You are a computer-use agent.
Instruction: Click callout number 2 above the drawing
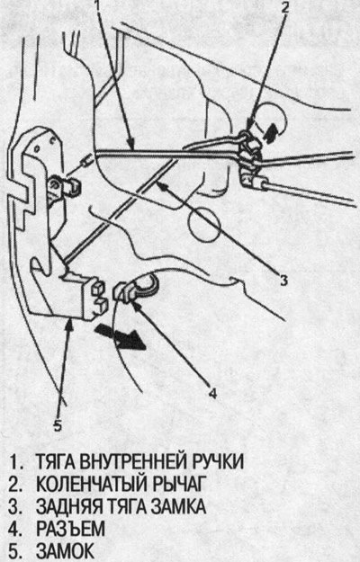click(x=284, y=7)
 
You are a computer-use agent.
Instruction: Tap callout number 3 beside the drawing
click(x=283, y=280)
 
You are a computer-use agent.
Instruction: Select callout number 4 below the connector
click(x=212, y=393)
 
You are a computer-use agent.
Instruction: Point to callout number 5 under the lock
click(x=58, y=424)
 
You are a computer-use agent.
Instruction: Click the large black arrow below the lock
click(x=120, y=336)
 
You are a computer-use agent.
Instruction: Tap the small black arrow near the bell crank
click(x=272, y=133)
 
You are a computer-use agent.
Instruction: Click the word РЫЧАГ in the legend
click(x=180, y=484)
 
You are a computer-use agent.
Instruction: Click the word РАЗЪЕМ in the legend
click(x=70, y=529)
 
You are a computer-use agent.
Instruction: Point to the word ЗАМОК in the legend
click(x=66, y=551)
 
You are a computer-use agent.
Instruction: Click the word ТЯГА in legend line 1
click(x=55, y=461)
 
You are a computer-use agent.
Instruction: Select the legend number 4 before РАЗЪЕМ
click(x=15, y=529)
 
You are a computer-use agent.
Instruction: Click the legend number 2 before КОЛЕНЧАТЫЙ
click(x=15, y=484)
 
